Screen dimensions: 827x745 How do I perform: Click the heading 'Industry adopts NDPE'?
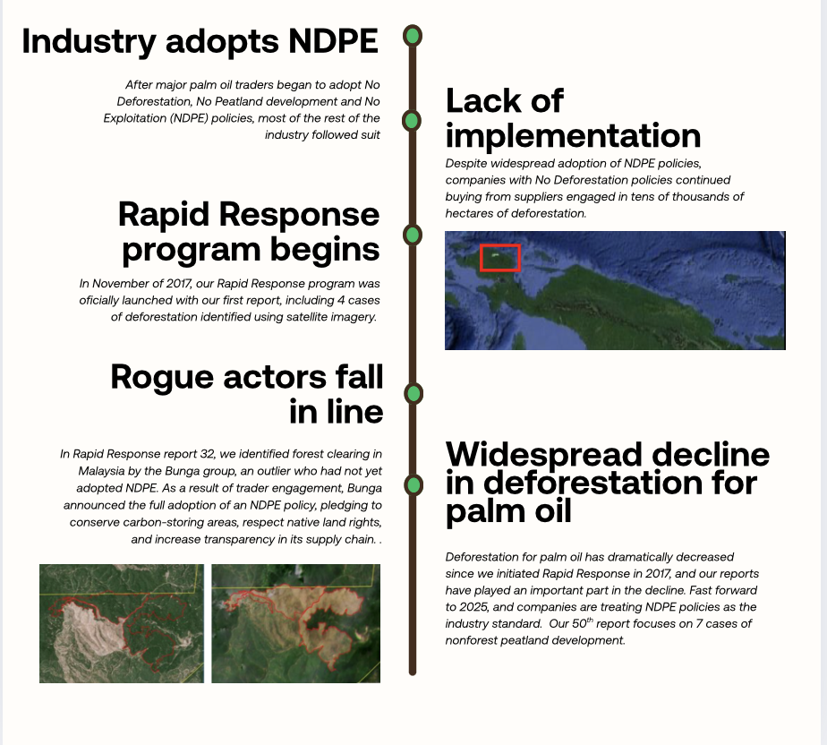pos(200,41)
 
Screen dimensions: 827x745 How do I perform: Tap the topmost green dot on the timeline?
pos(413,36)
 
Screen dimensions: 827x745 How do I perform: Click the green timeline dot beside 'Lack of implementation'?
pos(412,120)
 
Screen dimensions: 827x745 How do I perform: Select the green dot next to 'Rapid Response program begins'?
pos(413,235)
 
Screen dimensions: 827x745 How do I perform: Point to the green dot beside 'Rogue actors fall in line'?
pos(413,394)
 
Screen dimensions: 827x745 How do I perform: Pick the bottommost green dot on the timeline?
pos(413,485)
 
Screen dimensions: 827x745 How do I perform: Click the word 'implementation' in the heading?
pos(574,136)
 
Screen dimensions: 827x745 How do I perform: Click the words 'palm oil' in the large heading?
pos(508,511)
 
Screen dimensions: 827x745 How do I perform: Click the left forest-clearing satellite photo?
pos(122,623)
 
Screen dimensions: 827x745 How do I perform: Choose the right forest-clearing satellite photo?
pos(296,623)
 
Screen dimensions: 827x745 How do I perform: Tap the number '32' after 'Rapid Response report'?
pos(208,454)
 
